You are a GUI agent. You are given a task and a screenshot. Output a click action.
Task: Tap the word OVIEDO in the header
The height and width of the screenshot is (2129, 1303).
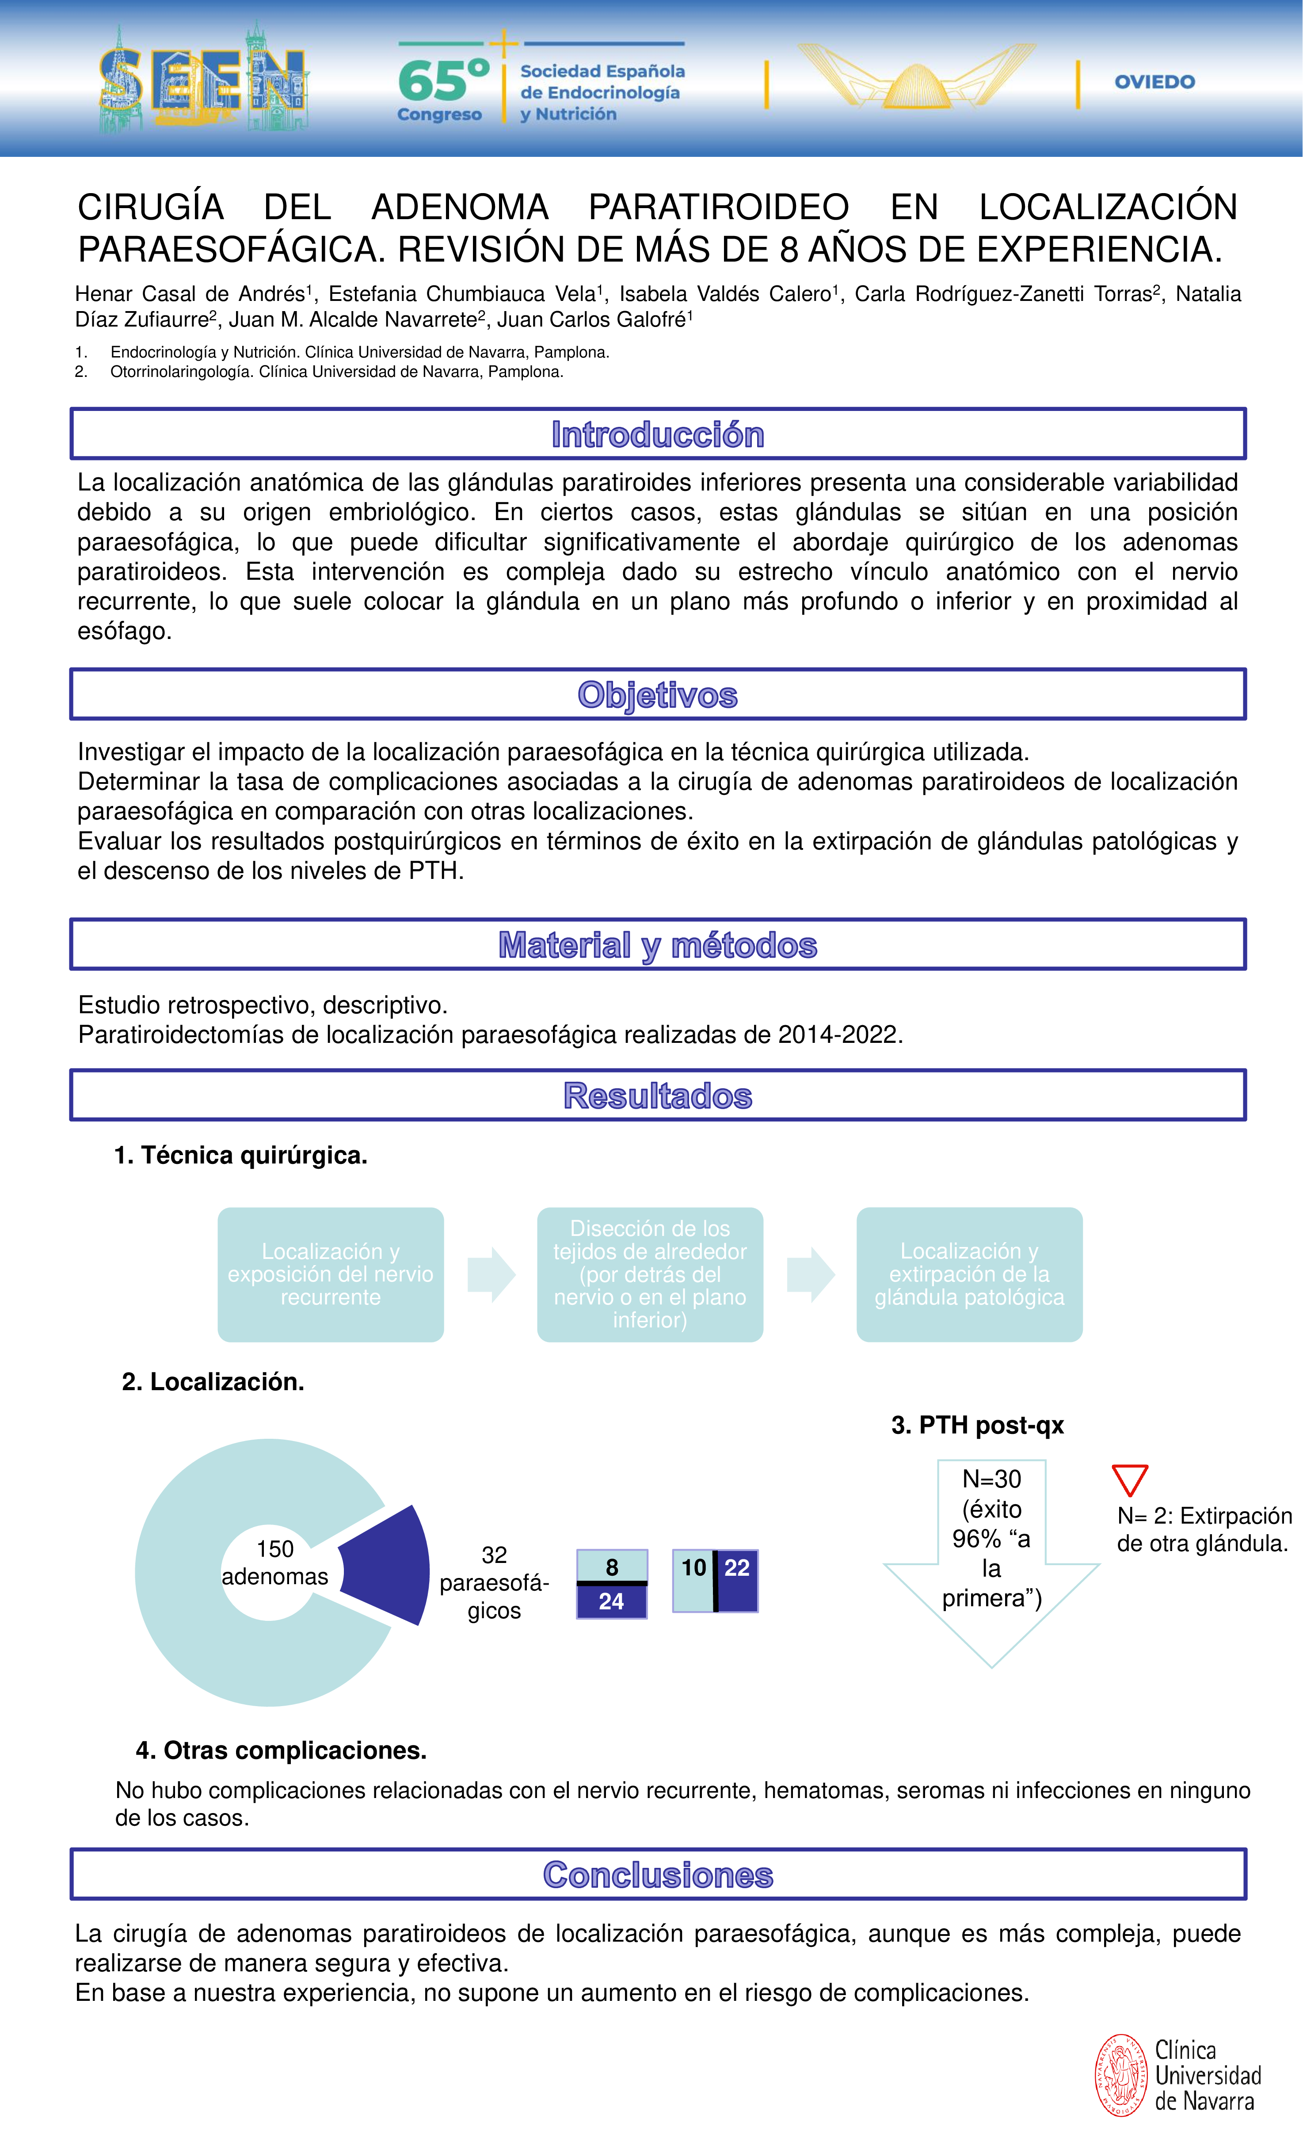coord(1154,82)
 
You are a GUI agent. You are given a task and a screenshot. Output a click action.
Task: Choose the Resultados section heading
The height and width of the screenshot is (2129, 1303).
coord(658,1095)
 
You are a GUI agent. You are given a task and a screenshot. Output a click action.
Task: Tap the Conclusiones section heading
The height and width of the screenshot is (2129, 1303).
coord(658,1875)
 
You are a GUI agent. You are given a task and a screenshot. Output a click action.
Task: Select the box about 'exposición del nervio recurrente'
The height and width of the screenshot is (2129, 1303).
coord(330,1274)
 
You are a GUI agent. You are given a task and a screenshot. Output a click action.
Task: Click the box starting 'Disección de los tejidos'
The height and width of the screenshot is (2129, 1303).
coord(650,1274)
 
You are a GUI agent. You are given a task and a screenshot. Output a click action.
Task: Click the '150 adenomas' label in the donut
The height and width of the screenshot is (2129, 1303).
coord(275,1562)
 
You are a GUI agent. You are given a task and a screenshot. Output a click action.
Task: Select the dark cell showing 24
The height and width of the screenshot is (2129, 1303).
coord(612,1601)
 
